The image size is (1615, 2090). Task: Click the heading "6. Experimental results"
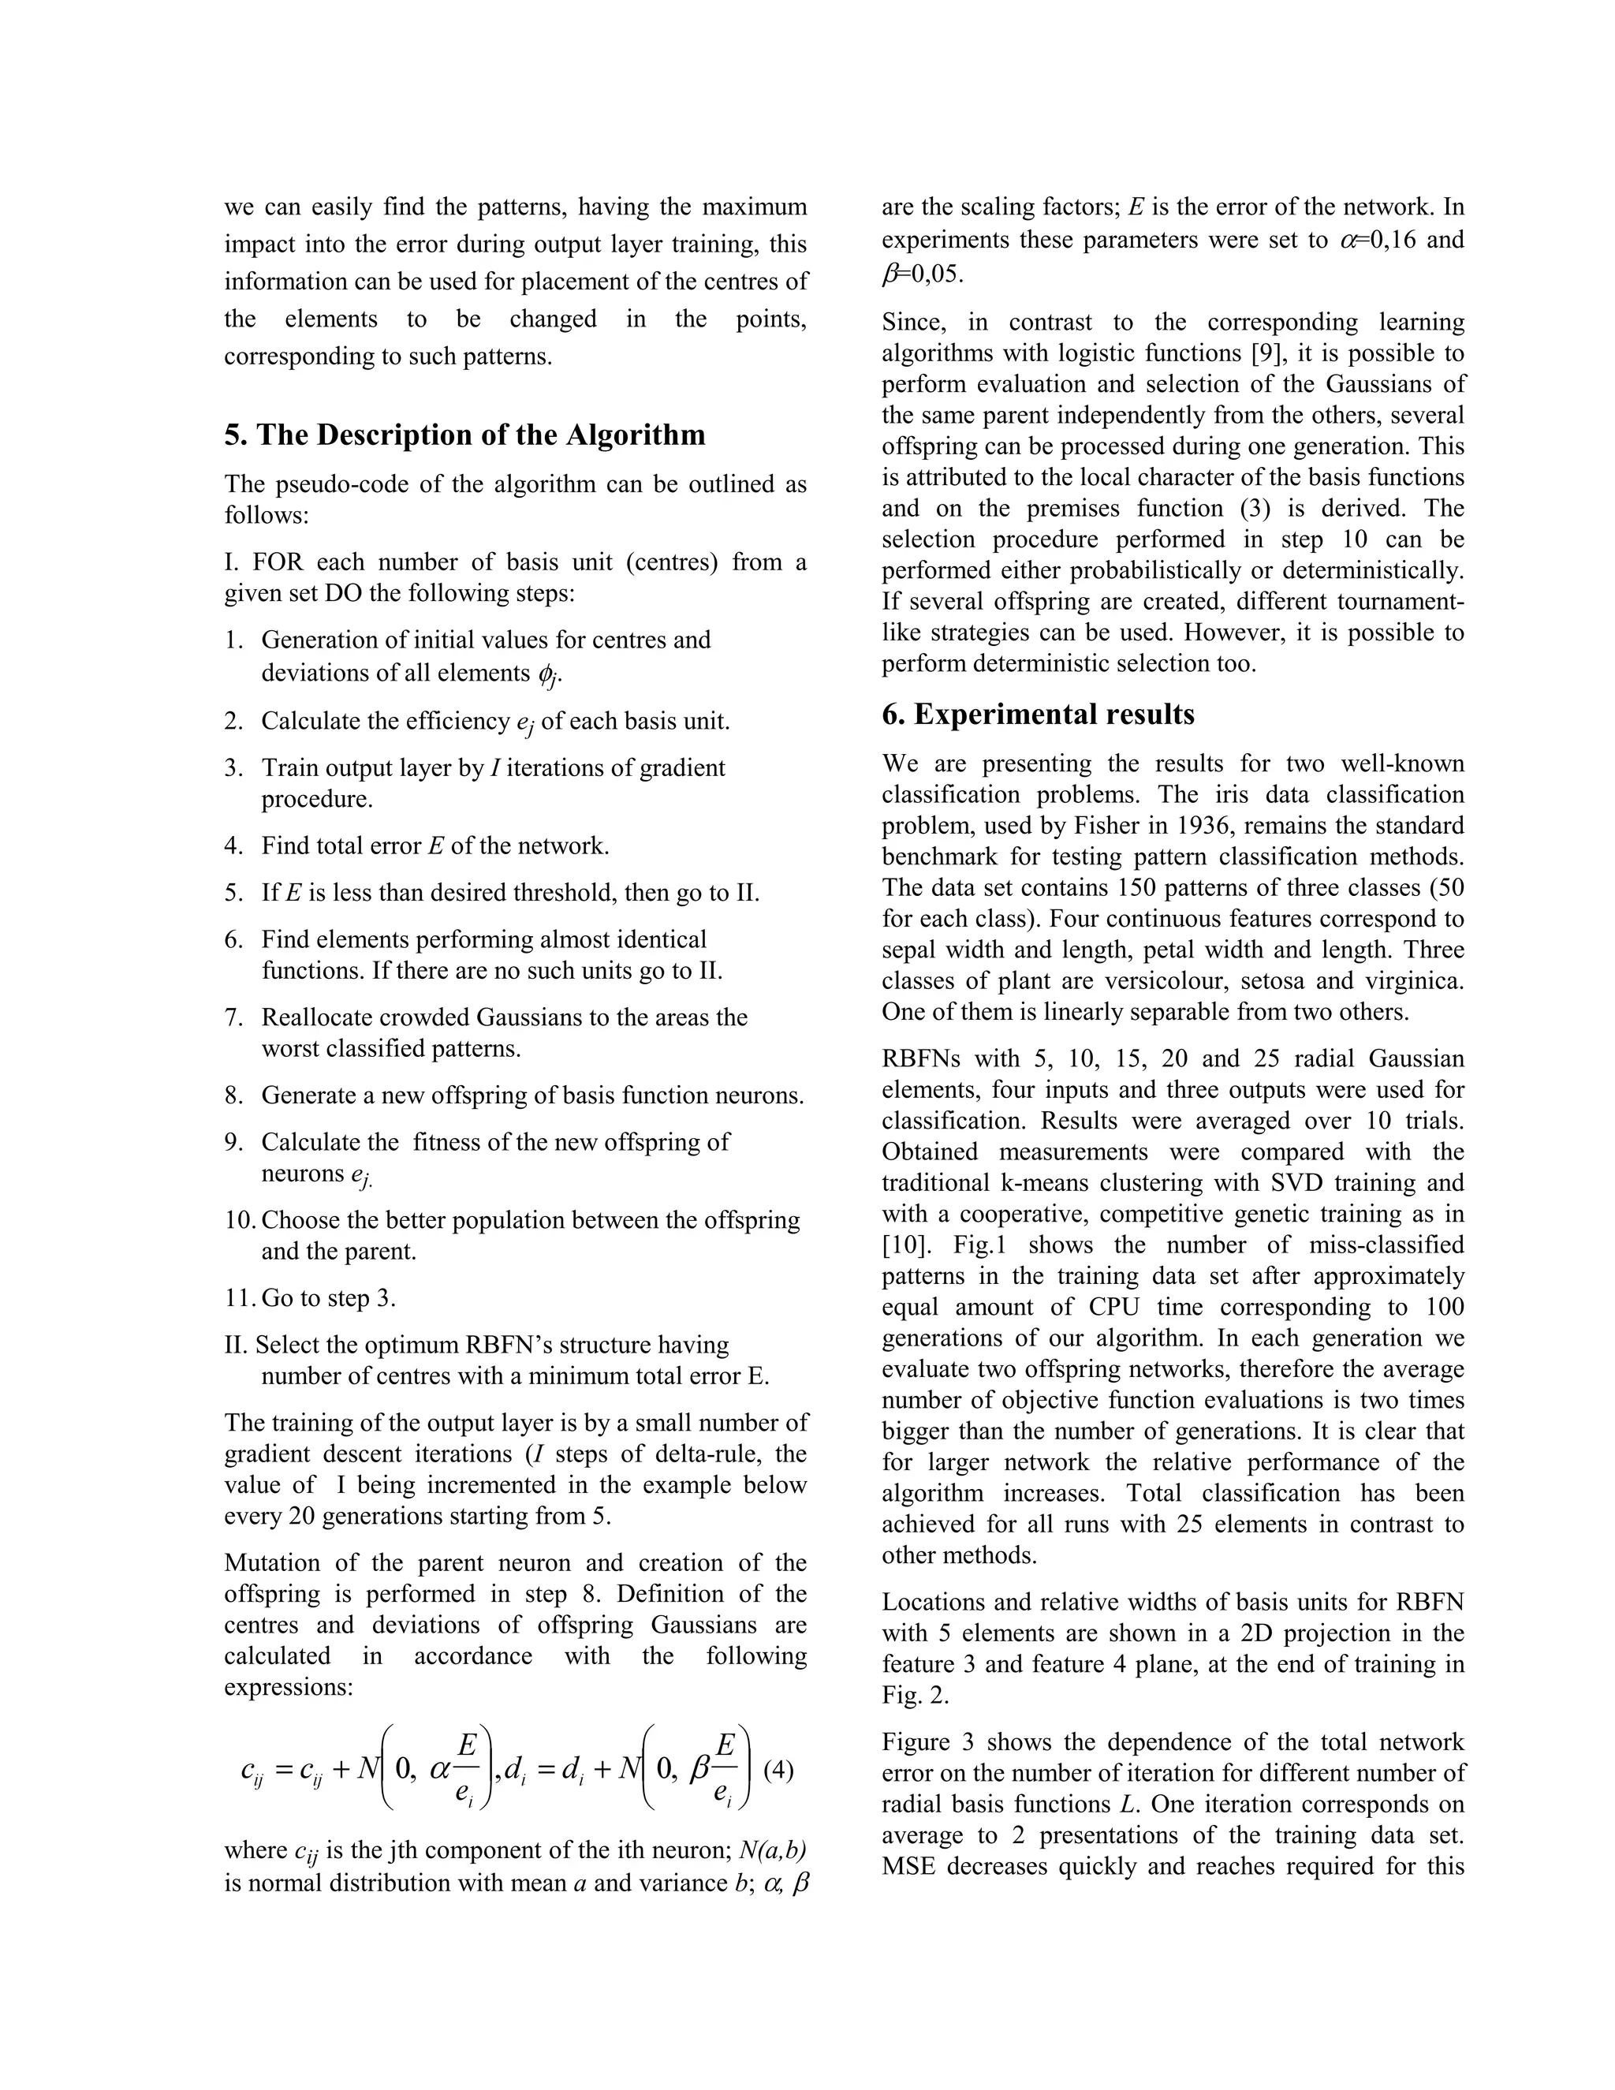click(x=1038, y=715)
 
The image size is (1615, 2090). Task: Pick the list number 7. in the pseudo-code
click(x=234, y=1017)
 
